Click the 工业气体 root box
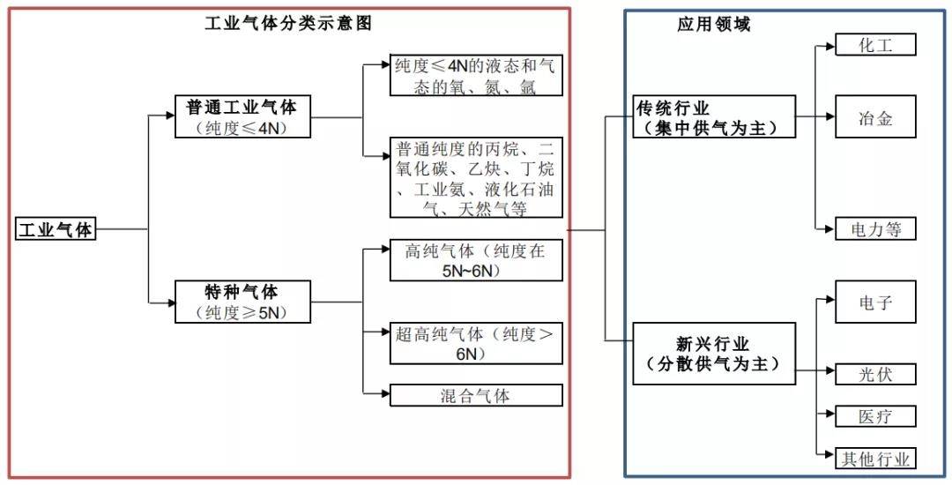[56, 229]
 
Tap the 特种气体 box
[242, 302]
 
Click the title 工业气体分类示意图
[288, 24]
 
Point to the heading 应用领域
[713, 24]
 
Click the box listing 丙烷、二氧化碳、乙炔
[476, 177]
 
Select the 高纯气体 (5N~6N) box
[476, 261]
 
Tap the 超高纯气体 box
[476, 344]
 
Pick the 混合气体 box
[476, 395]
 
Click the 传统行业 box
[714, 117]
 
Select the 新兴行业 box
[714, 353]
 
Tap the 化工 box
[875, 45]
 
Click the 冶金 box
[875, 118]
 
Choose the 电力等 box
[875, 229]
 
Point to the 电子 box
[875, 302]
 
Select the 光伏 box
[875, 374]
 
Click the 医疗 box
[875, 416]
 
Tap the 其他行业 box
[875, 459]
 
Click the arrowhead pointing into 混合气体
[385, 394]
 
